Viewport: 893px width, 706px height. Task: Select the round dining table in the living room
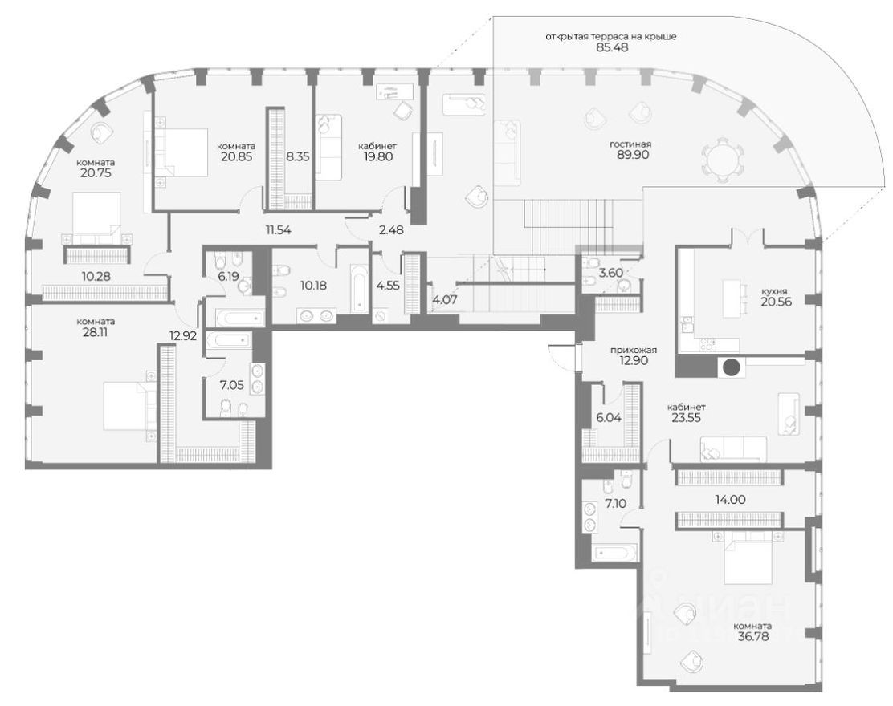tap(720, 157)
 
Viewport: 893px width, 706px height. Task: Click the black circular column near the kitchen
tap(732, 368)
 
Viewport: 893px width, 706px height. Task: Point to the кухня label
tap(775, 290)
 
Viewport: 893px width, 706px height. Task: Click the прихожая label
tap(634, 350)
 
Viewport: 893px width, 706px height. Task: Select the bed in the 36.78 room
tap(750, 562)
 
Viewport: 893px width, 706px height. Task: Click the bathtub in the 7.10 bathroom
tap(615, 554)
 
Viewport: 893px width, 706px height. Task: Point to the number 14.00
tap(729, 498)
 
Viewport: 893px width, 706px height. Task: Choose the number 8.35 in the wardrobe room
tap(298, 157)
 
